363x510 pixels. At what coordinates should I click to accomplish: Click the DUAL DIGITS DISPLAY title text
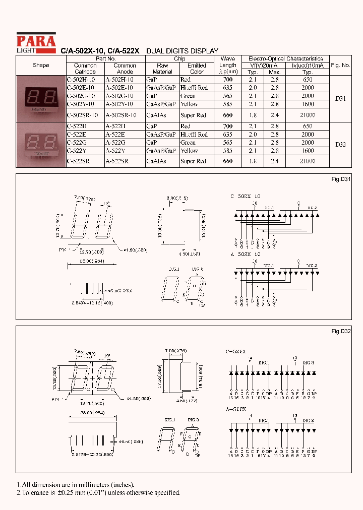182,51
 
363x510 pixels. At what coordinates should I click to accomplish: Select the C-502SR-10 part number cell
85,115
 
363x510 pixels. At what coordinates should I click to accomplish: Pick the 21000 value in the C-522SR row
307,161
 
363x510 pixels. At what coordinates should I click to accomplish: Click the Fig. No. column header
340,66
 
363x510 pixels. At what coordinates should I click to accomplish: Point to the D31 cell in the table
340,99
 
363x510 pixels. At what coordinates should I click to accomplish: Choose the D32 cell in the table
340,145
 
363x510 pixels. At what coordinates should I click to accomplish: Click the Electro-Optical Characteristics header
285,58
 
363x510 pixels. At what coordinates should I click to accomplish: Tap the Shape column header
41,66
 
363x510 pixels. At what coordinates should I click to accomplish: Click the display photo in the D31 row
41,99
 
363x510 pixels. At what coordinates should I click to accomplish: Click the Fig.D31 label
341,179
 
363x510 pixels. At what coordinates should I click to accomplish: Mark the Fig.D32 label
341,331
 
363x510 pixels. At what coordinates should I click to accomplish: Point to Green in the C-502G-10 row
188,96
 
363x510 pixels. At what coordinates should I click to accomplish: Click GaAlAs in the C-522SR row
156,161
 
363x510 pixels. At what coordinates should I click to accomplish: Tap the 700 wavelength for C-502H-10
228,80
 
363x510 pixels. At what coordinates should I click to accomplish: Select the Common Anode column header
125,69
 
